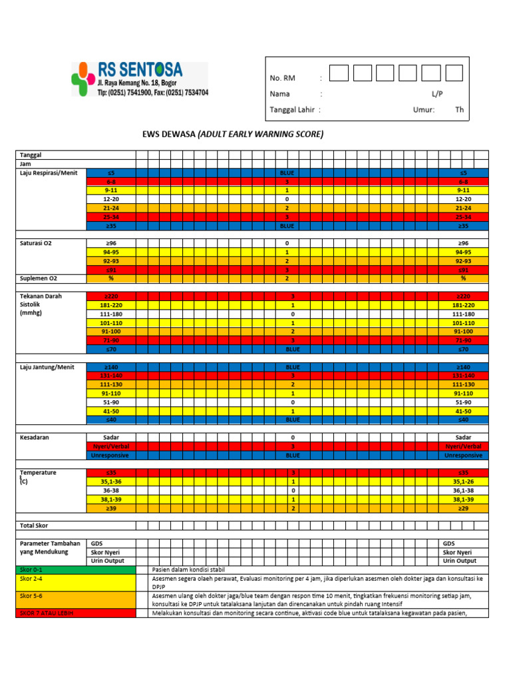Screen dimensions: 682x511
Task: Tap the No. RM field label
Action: [x=282, y=78]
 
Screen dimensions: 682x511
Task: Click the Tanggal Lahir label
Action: [x=291, y=110]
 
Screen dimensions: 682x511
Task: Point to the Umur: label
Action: [x=423, y=110]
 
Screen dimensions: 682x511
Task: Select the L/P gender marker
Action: [x=437, y=94]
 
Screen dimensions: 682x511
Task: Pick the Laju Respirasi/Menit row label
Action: [x=49, y=172]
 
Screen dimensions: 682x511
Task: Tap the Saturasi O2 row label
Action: [x=36, y=243]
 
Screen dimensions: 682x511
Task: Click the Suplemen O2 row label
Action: [x=38, y=278]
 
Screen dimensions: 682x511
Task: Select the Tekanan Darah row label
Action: [x=41, y=296]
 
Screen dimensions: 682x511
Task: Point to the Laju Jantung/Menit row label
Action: [x=47, y=366]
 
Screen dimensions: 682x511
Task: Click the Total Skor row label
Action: [x=34, y=525]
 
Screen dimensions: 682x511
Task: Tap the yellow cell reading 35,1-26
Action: [x=463, y=482]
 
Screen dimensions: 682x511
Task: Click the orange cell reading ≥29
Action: [x=463, y=508]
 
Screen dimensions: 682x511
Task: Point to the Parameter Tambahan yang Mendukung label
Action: [x=47, y=547]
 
